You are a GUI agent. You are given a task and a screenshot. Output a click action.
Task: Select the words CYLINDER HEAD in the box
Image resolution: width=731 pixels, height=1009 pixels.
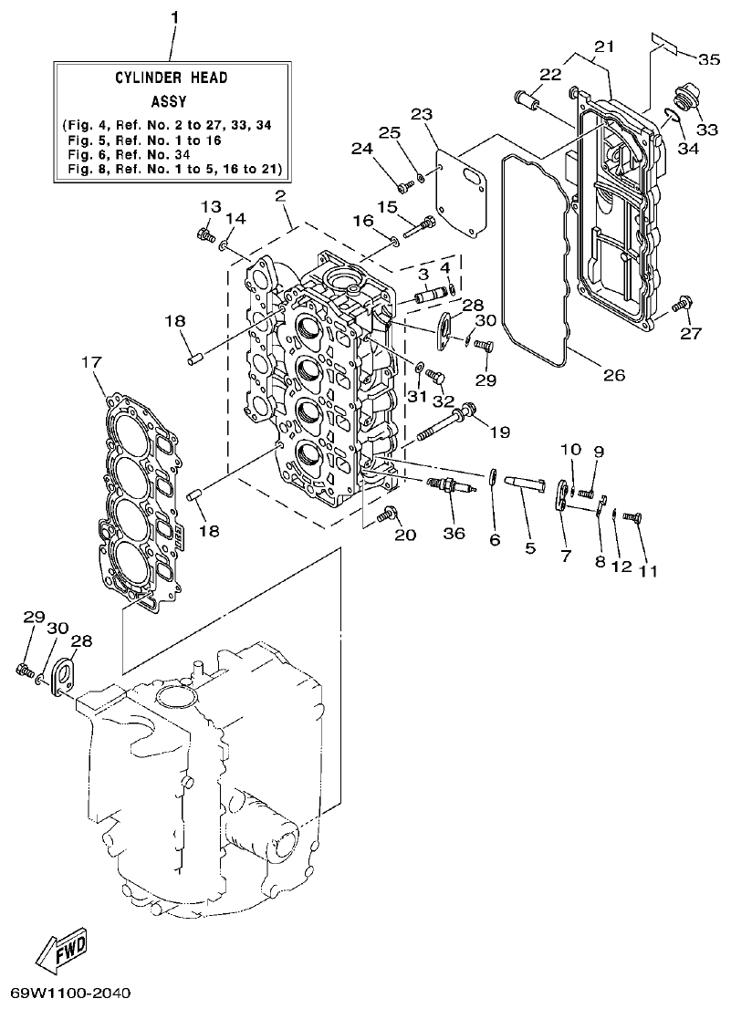171,78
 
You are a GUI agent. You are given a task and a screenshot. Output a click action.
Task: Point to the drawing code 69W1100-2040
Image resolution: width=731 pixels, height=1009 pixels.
71,992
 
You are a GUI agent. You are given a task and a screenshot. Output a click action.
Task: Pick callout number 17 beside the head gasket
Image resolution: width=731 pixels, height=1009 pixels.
91,362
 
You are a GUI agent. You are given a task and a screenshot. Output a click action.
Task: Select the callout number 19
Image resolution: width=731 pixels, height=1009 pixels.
500,432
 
